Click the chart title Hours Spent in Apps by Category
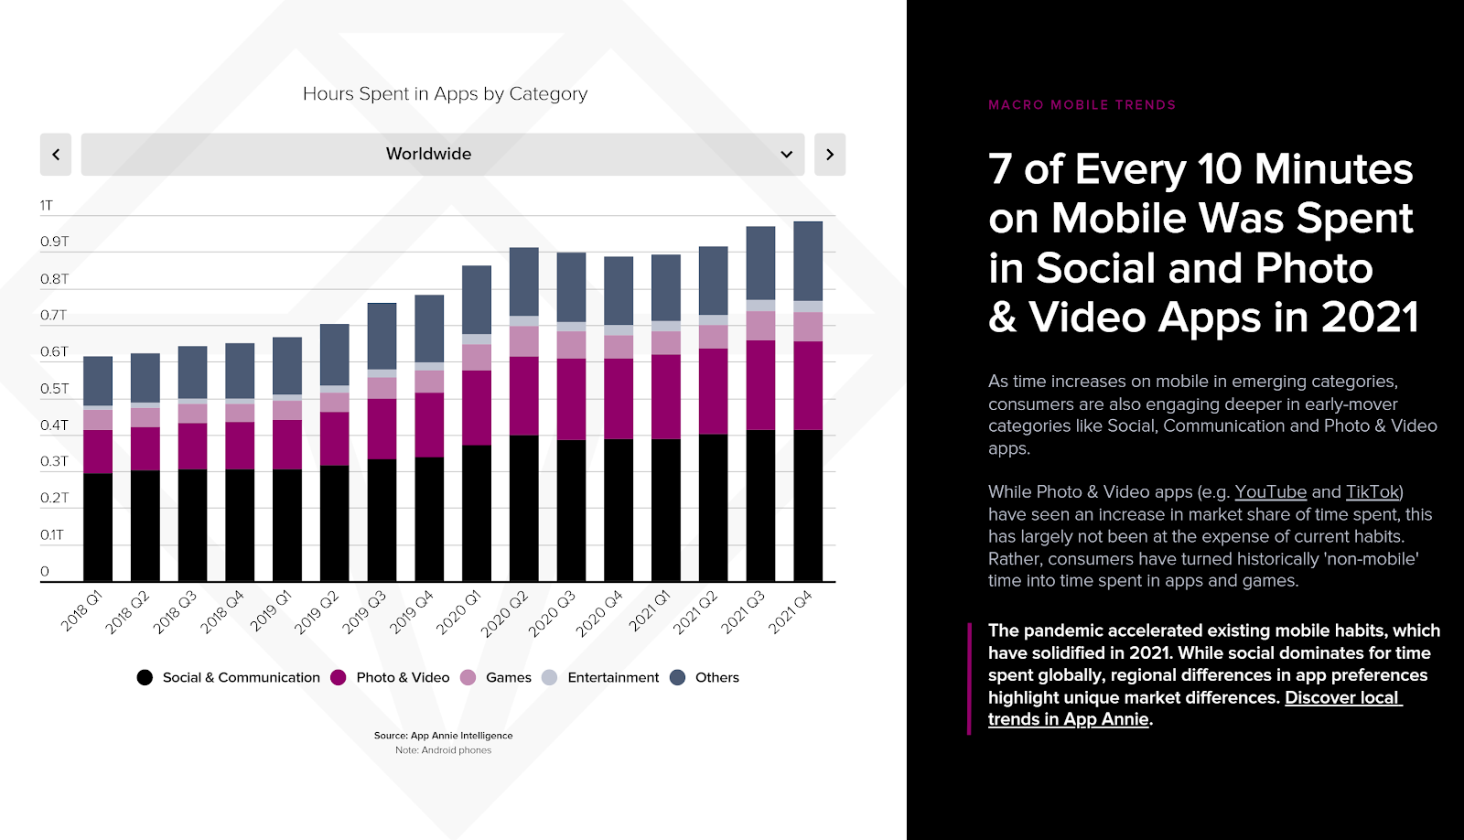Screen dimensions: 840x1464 coord(445,93)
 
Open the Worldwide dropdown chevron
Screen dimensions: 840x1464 coord(786,155)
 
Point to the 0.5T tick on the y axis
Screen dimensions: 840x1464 coord(54,389)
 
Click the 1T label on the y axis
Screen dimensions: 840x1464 coord(47,206)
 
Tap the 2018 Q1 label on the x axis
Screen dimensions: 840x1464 coord(81,611)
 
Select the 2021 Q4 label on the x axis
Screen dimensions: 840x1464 coord(790,612)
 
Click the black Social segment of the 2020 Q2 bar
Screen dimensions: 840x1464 coord(524,508)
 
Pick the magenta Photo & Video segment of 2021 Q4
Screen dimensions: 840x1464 coord(808,385)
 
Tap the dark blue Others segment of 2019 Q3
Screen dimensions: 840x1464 coord(382,336)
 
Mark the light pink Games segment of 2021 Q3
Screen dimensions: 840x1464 coord(760,326)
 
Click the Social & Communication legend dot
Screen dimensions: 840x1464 coord(145,678)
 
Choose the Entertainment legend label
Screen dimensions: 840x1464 coord(613,678)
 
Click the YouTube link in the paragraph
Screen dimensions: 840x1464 coord(1270,492)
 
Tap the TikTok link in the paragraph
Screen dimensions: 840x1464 coord(1372,492)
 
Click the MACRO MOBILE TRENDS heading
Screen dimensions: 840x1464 coord(1082,105)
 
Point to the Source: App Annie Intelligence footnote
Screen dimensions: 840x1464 coord(443,736)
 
